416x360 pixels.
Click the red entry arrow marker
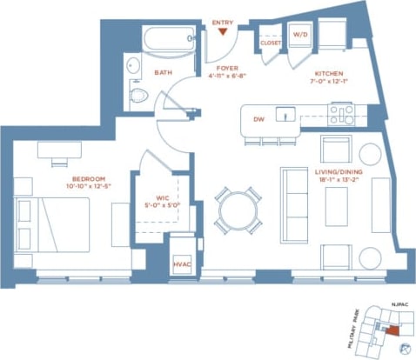[224, 32]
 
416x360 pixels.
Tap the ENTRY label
[223, 22]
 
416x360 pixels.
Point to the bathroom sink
[133, 66]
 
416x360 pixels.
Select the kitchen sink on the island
[282, 113]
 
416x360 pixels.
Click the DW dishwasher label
[258, 120]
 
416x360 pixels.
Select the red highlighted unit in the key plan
[394, 330]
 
